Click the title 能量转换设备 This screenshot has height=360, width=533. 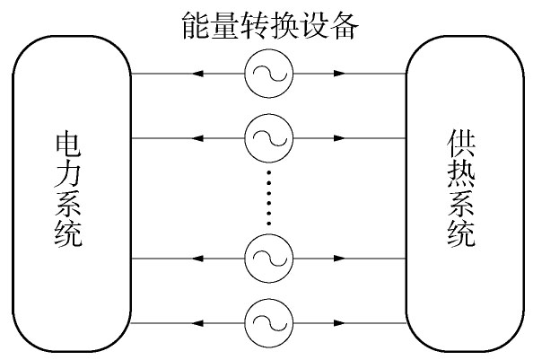(270, 26)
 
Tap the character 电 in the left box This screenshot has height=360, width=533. (68, 145)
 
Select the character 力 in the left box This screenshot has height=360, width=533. (68, 174)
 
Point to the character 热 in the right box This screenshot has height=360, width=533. (461, 173)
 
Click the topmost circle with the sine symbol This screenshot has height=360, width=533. (268, 74)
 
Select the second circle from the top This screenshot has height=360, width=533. (268, 138)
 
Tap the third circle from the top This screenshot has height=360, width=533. (268, 259)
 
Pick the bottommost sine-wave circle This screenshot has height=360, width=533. (268, 323)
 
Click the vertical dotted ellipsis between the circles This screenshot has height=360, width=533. (269, 198)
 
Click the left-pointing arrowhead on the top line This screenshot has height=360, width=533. (197, 74)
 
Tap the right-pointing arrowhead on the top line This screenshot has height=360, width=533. (339, 74)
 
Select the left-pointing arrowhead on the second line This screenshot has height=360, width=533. (197, 138)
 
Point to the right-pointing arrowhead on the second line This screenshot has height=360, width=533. (339, 138)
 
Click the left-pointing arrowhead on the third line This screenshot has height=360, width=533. (197, 259)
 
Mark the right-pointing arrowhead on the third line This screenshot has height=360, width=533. (339, 259)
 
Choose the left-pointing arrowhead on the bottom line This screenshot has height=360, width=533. (197, 323)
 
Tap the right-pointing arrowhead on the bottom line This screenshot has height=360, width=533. (339, 323)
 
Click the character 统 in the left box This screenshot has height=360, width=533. (68, 234)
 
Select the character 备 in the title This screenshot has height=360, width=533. (344, 26)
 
